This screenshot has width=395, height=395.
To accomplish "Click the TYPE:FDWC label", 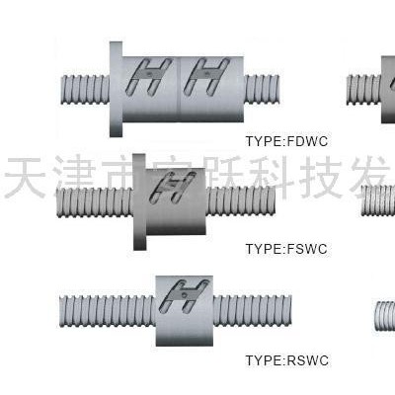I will (x=285, y=140).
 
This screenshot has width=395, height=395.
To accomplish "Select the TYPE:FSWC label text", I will (x=285, y=248).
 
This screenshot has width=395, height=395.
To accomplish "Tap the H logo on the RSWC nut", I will (x=184, y=294).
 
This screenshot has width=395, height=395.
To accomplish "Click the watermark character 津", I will (x=79, y=178).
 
